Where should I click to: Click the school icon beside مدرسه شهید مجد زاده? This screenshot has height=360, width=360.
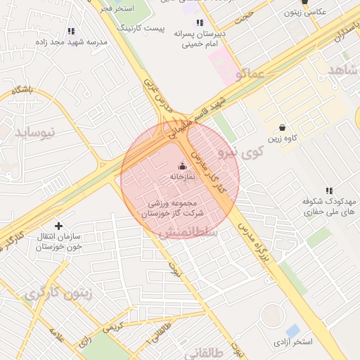[71, 31]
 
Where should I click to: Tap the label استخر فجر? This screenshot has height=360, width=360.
[116, 8]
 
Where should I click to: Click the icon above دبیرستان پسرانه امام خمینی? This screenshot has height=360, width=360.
[200, 22]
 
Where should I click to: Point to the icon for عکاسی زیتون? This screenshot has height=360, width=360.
[304, 2]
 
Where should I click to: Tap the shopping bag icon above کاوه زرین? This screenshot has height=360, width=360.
[282, 128]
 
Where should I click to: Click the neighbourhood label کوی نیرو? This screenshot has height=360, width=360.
[240, 151]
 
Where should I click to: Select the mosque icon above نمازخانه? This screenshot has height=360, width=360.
[183, 167]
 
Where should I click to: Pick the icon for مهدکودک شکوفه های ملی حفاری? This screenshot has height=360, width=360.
[329, 191]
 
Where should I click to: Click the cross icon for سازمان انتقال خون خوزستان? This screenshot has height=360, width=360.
[58, 226]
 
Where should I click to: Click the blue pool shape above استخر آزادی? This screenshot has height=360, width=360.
[292, 330]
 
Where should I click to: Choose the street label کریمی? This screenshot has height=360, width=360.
[113, 328]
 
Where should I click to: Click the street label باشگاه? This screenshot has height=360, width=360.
[22, 89]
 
